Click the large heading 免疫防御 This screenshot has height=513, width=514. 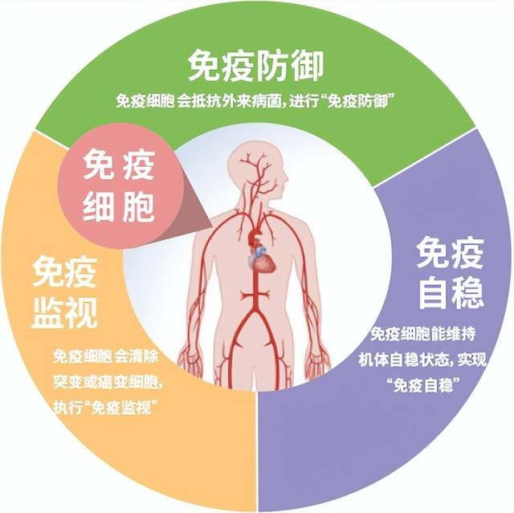point(256,66)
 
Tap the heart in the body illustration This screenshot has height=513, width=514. point(263,261)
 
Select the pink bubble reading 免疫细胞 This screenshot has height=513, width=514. point(119,185)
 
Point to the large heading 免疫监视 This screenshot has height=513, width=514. point(64,292)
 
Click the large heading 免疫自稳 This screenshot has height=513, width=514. point(451,273)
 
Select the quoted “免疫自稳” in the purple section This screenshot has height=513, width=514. point(423,385)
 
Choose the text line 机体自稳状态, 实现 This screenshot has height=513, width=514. point(422,360)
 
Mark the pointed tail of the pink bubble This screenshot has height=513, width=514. point(210,226)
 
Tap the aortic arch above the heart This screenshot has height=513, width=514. point(255,235)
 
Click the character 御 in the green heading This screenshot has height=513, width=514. point(308,66)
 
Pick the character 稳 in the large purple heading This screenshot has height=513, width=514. point(469,292)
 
